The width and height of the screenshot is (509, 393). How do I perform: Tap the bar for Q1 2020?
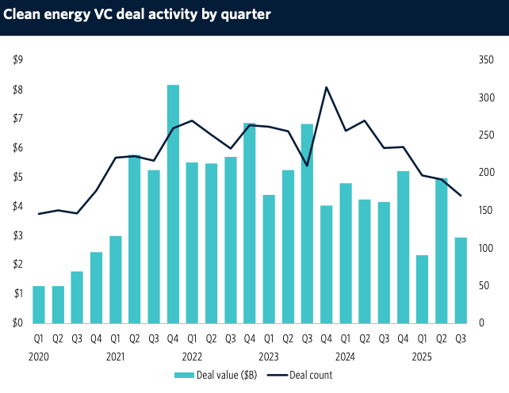(x=39, y=304)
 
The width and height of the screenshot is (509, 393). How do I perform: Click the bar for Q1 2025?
(x=422, y=289)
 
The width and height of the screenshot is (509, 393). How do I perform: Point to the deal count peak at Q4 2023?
(x=326, y=87)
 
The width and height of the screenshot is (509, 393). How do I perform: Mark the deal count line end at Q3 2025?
(x=461, y=196)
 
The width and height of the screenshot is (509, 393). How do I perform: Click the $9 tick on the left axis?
(x=17, y=60)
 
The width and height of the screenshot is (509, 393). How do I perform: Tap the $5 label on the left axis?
(x=17, y=177)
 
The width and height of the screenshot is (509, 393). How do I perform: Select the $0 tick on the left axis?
(x=17, y=323)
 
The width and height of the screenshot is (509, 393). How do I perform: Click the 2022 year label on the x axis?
(x=192, y=356)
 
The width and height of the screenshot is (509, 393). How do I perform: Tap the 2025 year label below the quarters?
(x=422, y=356)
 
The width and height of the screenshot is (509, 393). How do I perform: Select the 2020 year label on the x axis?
(x=39, y=356)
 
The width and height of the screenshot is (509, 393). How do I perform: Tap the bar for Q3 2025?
(x=461, y=280)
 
